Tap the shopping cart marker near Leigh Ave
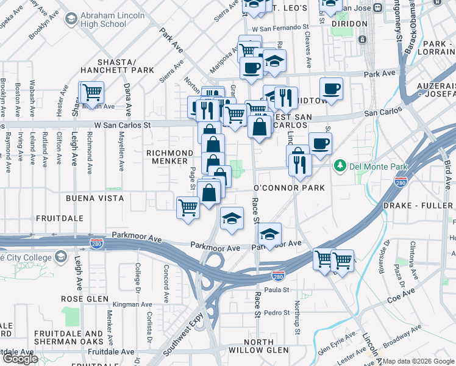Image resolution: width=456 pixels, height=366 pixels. [91, 93]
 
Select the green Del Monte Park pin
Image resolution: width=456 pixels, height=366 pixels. [339, 165]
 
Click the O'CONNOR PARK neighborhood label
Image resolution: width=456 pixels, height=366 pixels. [285, 187]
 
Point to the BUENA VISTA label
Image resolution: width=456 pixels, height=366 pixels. [97, 198]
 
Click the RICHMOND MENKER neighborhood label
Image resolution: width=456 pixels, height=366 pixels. [166, 157]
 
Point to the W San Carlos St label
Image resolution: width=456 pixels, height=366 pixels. [122, 125]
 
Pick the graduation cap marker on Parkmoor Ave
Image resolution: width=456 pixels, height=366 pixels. [269, 234]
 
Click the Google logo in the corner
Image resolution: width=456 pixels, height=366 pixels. [20, 359]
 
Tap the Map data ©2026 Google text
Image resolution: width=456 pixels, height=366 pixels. [418, 361]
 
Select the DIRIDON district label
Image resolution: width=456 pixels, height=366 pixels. [349, 24]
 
